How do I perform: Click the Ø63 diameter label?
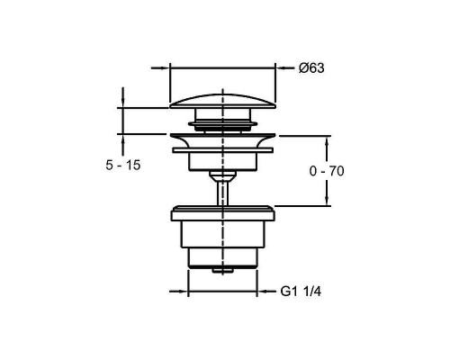click(311, 68)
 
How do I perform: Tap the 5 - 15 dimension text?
click(123, 165)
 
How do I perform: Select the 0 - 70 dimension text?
click(327, 171)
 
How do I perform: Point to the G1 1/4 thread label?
click(301, 292)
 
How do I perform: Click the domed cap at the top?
click(222, 102)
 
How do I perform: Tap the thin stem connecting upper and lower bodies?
click(222, 192)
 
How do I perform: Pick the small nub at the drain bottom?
click(222, 271)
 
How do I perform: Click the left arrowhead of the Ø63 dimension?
click(166, 68)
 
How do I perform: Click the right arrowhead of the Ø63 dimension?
click(280, 68)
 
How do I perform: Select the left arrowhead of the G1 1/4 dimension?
click(184, 291)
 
